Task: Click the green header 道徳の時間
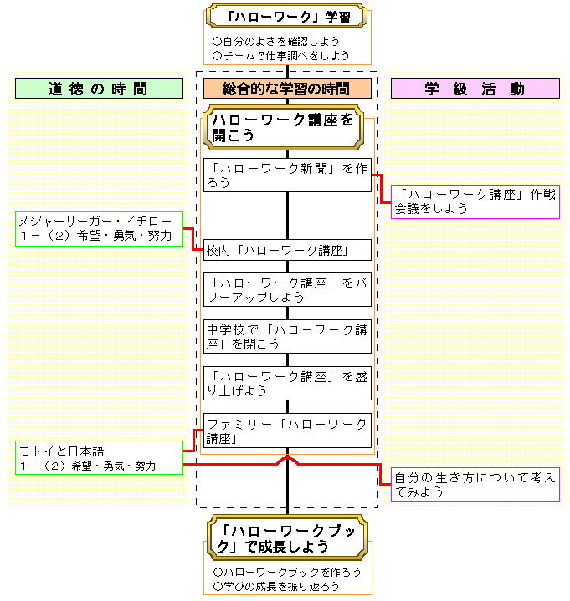pos(99,89)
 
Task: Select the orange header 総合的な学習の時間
pos(287,89)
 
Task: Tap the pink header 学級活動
pos(475,89)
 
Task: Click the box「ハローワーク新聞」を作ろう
pos(287,175)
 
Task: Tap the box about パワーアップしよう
pos(287,289)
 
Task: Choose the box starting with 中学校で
pos(287,336)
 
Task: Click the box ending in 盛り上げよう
pos(287,383)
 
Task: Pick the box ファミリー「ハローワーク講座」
pos(287,430)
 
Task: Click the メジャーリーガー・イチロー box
pos(99,229)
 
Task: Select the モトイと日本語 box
pos(99,457)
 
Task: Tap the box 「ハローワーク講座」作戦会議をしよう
pos(475,202)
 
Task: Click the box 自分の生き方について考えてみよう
pos(475,485)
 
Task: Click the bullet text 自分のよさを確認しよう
pos(275,40)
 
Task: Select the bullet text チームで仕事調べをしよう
pos(281,55)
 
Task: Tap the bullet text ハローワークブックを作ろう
pos(287,572)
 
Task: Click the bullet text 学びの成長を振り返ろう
pos(276,587)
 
